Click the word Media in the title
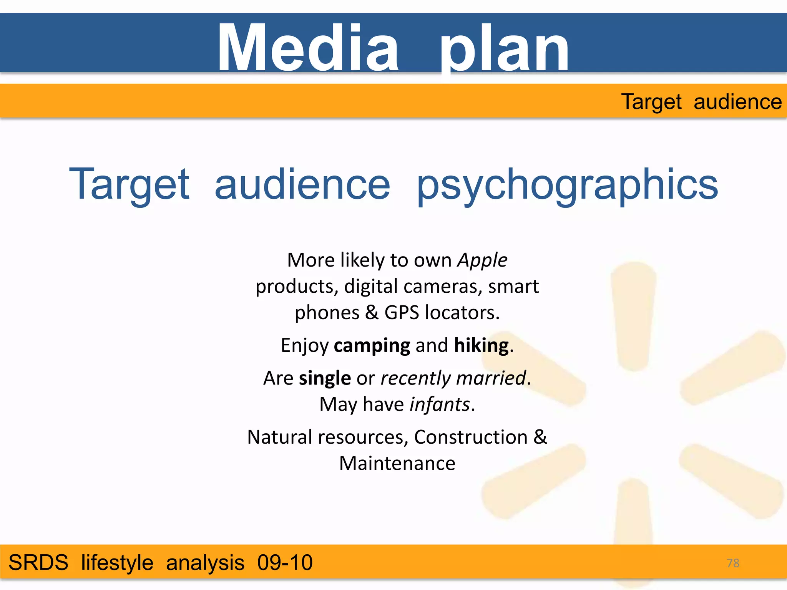[308, 48]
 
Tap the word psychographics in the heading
[567, 186]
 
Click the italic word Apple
[482, 260]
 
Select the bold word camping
[372, 345]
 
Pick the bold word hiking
[481, 345]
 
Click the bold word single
[325, 378]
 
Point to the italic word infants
[440, 404]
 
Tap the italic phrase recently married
[453, 378]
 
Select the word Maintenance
[397, 463]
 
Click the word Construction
[471, 437]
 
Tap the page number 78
[733, 563]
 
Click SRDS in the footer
[38, 563]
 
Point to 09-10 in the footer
[285, 563]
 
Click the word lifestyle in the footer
[117, 563]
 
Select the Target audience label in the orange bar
[701, 102]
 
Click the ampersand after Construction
[540, 437]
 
